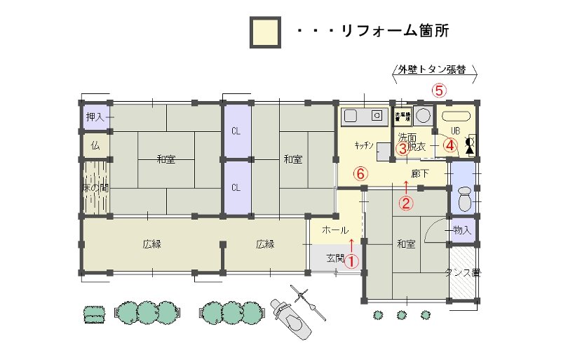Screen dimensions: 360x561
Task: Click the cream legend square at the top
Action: tap(265, 32)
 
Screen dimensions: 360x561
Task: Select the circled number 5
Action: tap(439, 90)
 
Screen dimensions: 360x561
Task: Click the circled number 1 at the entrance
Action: tap(351, 260)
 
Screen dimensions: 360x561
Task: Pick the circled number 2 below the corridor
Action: tap(406, 204)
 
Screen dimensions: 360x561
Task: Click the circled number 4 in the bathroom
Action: tap(450, 145)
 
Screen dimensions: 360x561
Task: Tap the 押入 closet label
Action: tap(95, 118)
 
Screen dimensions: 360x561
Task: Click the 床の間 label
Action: tap(94, 188)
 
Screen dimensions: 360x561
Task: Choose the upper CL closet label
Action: tap(236, 131)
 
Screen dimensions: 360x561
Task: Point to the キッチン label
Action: tap(363, 146)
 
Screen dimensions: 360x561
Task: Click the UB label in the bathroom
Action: tap(454, 131)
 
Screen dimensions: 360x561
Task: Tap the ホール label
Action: tap(334, 230)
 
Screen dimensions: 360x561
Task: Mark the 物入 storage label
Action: tap(461, 229)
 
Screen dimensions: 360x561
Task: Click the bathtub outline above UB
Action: tap(456, 115)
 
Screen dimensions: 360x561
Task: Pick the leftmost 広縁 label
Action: tap(152, 244)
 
